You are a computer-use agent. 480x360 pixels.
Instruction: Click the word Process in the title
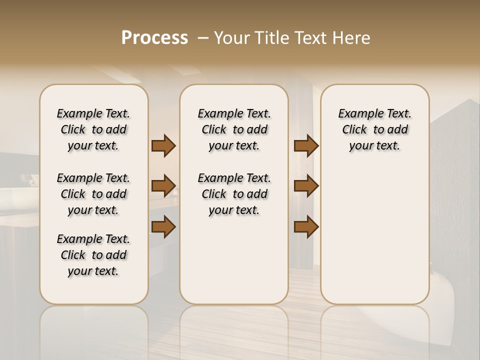coord(154,38)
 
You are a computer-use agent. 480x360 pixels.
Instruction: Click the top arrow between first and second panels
coord(163,146)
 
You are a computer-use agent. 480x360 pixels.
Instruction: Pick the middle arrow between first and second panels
coord(163,186)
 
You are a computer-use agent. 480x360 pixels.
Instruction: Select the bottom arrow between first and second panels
coord(163,227)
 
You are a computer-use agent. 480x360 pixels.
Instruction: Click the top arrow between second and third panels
coord(306,146)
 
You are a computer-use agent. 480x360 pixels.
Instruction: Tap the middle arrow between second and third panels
coord(306,186)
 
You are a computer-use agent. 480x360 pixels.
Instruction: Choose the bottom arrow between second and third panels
coord(306,227)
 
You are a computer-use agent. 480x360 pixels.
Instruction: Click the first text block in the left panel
coord(93,129)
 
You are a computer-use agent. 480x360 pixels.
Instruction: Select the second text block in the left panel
coord(93,194)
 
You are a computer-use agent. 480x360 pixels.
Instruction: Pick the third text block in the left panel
coord(93,255)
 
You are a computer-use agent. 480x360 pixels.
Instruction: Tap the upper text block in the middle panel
coord(234,129)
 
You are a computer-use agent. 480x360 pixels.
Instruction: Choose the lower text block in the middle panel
coord(234,194)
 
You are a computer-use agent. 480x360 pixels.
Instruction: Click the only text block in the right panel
coord(375,129)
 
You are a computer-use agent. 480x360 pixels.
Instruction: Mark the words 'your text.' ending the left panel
coord(93,271)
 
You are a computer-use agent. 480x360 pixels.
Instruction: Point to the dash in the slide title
coord(202,38)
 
